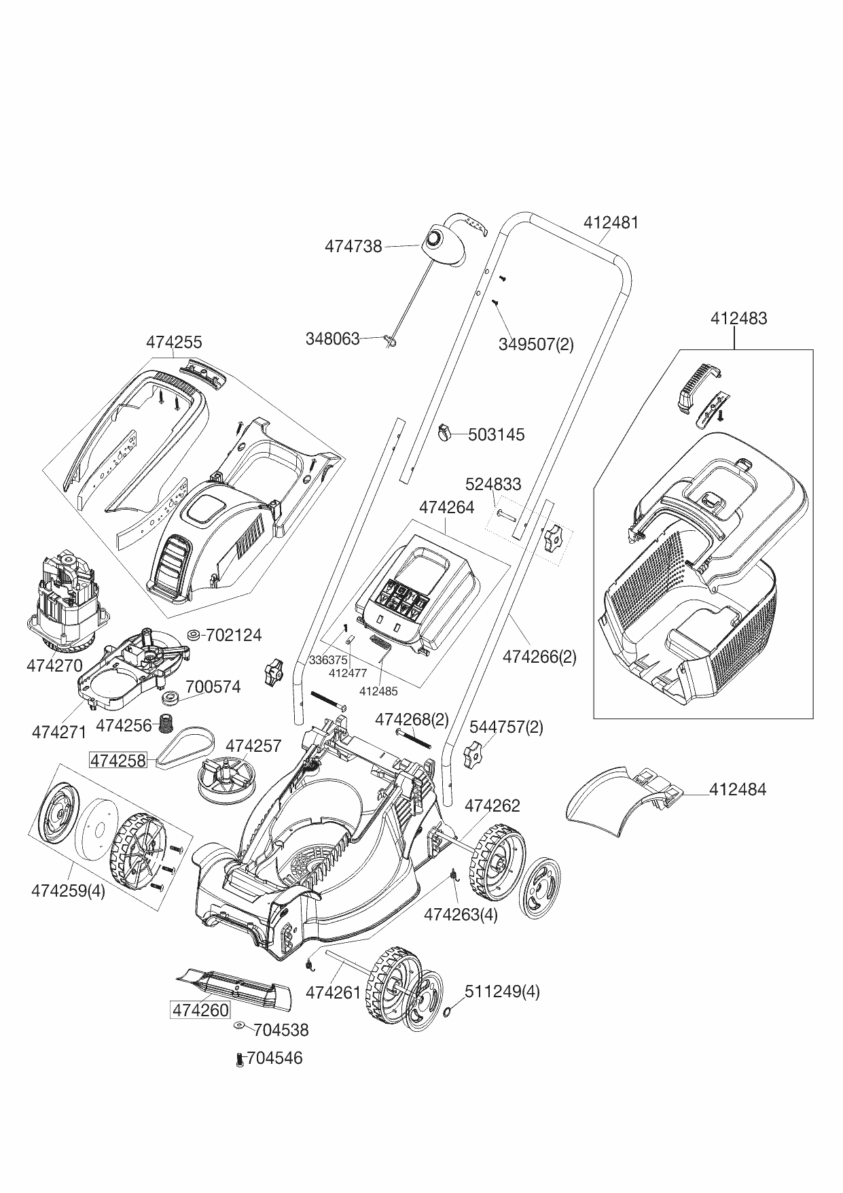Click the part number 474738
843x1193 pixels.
353,246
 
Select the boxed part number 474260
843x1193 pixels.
200,1009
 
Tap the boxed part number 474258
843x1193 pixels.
118,760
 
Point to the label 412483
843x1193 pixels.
739,318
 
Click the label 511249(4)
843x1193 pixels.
502,991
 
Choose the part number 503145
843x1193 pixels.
497,434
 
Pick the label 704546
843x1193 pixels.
275,1058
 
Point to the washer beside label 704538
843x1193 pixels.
240,1025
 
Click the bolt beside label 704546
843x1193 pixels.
239,1059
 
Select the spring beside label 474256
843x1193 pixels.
164,724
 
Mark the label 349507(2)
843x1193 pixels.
536,344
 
